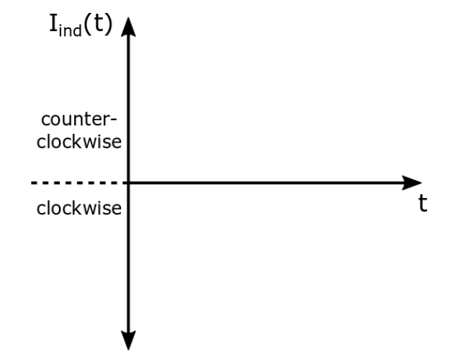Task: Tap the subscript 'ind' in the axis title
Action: pyautogui.click(x=71, y=32)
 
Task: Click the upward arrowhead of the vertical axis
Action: pyautogui.click(x=128, y=24)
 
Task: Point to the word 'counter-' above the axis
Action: pyautogui.click(x=78, y=120)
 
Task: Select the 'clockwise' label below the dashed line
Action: pyautogui.click(x=78, y=209)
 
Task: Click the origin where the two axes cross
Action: pyautogui.click(x=128, y=183)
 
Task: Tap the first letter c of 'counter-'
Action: pyautogui.click(x=45, y=121)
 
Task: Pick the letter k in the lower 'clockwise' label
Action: pyautogui.click(x=73, y=209)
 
